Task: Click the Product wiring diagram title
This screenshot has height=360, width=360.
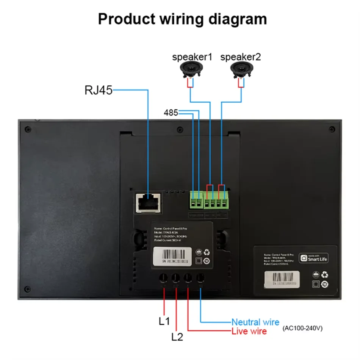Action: [x=182, y=19]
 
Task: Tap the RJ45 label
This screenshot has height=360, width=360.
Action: [x=98, y=90]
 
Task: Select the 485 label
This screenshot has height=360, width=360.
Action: [x=171, y=113]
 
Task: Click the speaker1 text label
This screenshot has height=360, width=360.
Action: [x=192, y=57]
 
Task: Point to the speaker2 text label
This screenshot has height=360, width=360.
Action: [x=241, y=57]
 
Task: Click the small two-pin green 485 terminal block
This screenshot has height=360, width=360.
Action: [x=196, y=202]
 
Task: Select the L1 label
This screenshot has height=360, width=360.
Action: [x=164, y=321]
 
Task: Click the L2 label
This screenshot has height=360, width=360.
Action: [x=177, y=336]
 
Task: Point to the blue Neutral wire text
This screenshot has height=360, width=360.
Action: [x=255, y=322]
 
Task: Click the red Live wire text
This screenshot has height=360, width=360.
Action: [x=249, y=332]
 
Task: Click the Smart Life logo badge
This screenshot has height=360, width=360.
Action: [x=314, y=258]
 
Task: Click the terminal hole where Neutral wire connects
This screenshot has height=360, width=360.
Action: [x=200, y=278]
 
